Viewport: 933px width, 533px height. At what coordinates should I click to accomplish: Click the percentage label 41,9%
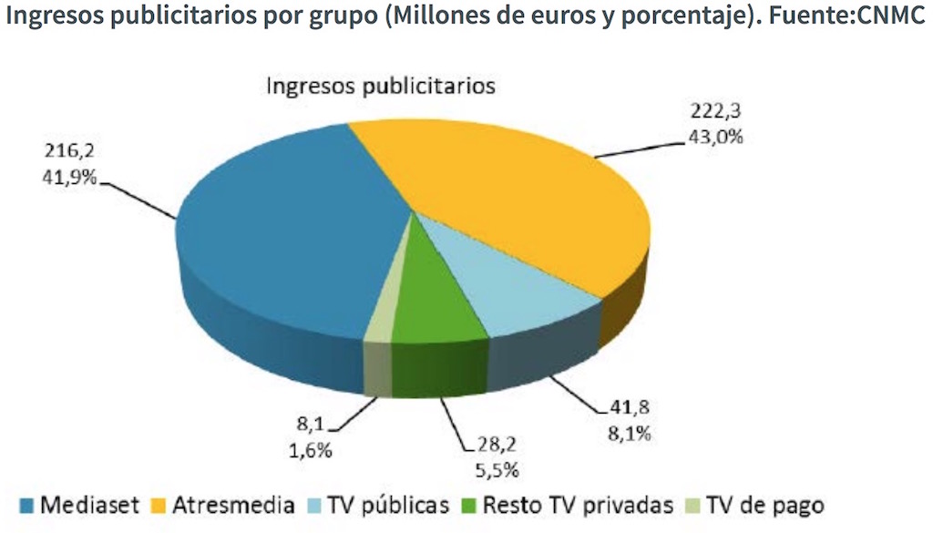click(x=71, y=177)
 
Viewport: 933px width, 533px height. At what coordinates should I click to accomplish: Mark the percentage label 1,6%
click(x=312, y=450)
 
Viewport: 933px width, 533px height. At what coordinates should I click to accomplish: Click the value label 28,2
click(x=502, y=446)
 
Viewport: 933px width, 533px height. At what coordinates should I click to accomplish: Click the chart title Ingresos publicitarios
click(x=380, y=87)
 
